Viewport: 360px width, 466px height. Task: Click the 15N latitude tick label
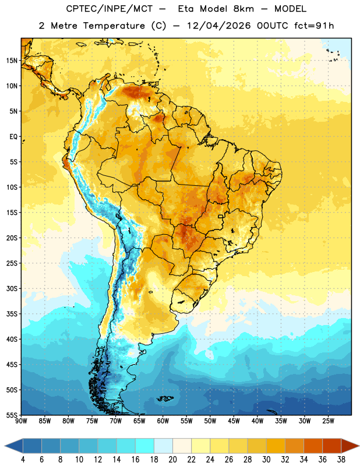tap(12, 61)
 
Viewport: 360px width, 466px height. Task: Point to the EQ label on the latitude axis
tap(13, 137)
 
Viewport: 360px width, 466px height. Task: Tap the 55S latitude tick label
tap(12, 415)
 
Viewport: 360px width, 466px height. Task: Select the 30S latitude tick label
tap(12, 288)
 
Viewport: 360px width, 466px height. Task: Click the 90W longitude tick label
tap(22, 421)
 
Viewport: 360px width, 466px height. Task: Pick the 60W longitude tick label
tap(163, 421)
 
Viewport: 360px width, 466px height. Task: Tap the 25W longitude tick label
tap(328, 421)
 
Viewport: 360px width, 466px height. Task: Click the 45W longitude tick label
tap(234, 421)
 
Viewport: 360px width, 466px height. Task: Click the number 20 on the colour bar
tap(172, 460)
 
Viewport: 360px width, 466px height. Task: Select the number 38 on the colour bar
tap(341, 460)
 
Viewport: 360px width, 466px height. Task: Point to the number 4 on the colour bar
tap(23, 460)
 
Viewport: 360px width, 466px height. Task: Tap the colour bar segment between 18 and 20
tap(164, 446)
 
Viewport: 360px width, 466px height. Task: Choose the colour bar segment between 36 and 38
tap(332, 446)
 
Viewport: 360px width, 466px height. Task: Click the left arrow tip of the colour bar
tap(5, 446)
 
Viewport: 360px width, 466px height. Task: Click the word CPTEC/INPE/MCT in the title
tap(110, 9)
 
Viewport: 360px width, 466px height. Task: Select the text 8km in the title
tap(243, 9)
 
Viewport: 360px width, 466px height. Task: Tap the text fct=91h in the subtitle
tap(314, 26)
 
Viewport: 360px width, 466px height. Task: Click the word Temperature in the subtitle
tap(114, 26)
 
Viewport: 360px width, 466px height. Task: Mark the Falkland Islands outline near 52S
tap(165, 398)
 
